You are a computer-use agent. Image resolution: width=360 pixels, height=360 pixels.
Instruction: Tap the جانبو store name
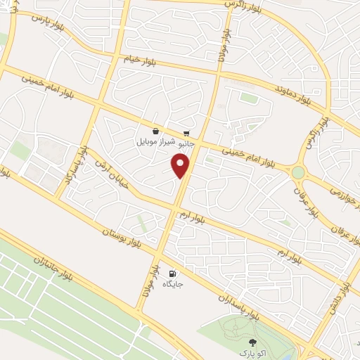pos(185,142)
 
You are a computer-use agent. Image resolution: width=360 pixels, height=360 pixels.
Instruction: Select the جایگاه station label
pos(173,284)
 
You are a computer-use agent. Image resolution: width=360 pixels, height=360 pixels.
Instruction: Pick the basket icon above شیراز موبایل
pos(155,131)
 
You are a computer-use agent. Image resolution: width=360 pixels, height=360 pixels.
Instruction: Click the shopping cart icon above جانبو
pos(186,131)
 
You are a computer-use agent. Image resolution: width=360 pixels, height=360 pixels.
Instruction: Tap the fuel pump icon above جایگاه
pos(173,274)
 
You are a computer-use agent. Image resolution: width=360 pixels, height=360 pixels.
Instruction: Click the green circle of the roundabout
pos(299,172)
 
